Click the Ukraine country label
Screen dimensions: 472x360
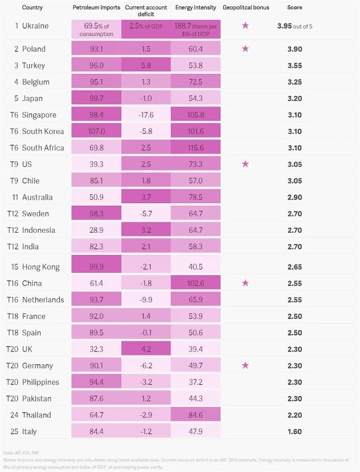(34, 26)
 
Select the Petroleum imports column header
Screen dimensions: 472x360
(95, 8)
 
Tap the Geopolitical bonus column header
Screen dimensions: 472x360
(245, 8)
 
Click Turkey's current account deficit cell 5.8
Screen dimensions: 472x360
(145, 65)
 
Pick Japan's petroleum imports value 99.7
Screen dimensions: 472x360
(96, 98)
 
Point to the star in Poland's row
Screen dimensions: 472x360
(245, 49)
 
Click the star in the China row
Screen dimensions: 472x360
(245, 283)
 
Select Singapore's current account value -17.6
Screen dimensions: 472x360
(145, 115)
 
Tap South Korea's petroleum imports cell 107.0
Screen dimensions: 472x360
(96, 131)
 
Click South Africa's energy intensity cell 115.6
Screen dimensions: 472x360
(195, 148)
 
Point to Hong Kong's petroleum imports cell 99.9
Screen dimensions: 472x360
(96, 266)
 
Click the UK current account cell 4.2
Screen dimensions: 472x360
(145, 349)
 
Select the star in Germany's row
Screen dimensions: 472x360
(245, 366)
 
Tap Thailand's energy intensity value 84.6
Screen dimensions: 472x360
(195, 415)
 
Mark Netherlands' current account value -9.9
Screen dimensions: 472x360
(145, 299)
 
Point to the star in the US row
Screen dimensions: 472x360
(245, 164)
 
